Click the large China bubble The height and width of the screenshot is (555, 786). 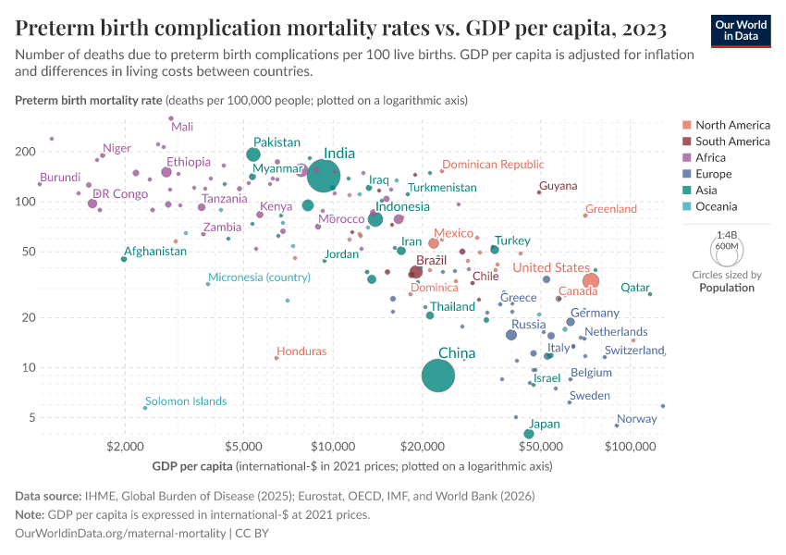[x=438, y=375]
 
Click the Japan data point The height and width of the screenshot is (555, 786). [x=529, y=434]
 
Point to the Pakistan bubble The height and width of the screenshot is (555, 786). [x=253, y=154]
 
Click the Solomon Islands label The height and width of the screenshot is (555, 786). [x=186, y=401]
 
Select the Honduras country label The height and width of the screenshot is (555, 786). [x=301, y=351]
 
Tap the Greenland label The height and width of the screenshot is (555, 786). [x=611, y=209]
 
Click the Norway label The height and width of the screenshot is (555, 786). [x=636, y=419]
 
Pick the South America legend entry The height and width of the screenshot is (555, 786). [x=732, y=142]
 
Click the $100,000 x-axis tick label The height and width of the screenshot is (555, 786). [x=632, y=448]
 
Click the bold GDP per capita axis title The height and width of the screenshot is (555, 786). [x=190, y=466]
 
